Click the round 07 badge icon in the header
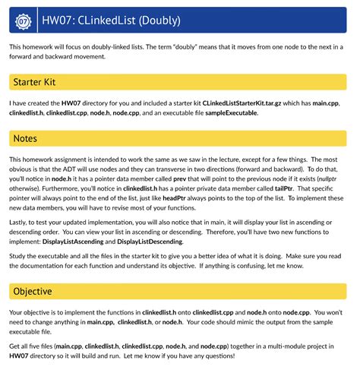(24, 21)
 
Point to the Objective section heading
(33, 291)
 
